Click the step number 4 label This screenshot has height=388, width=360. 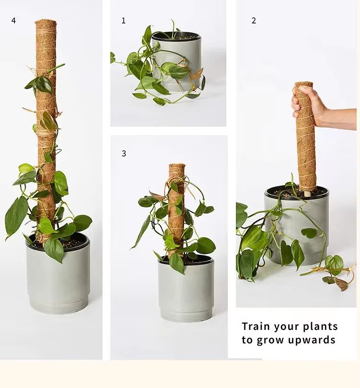(x=13, y=21)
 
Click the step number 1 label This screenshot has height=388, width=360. (x=123, y=21)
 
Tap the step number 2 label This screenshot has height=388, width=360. (x=253, y=21)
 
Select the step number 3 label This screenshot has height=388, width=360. (x=124, y=154)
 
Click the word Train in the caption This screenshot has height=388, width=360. (x=256, y=327)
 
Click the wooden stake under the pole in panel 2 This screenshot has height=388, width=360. (x=306, y=193)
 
